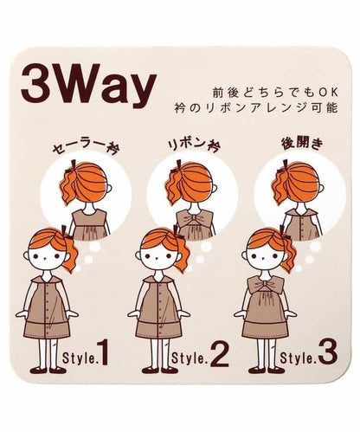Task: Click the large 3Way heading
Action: [89, 86]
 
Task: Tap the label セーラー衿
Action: [87, 147]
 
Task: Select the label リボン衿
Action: [194, 145]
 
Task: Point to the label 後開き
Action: [302, 144]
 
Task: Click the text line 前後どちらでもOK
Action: [275, 93]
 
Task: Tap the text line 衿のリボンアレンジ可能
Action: [256, 108]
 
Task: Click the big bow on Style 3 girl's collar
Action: [262, 285]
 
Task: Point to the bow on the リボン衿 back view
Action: [194, 218]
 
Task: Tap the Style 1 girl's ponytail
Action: [67, 253]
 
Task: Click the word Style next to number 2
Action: [190, 358]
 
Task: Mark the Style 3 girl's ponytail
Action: [287, 253]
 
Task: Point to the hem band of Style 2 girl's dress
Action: [158, 332]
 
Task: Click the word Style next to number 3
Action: [298, 358]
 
